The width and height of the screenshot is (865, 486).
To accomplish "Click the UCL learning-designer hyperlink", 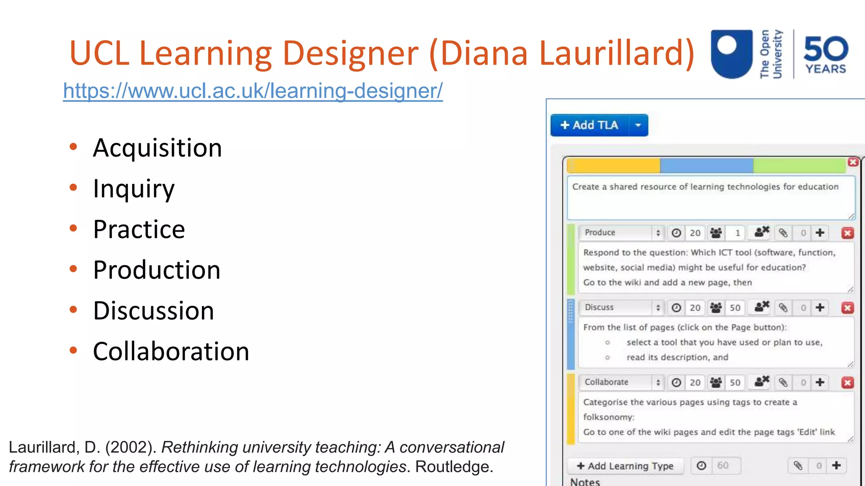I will tap(253, 91).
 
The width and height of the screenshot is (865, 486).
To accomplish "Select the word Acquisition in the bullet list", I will tap(157, 148).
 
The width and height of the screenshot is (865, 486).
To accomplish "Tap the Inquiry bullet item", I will tap(133, 189).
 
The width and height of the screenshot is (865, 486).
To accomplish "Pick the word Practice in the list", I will tap(139, 229).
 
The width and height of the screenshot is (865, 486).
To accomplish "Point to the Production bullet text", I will tap(157, 270).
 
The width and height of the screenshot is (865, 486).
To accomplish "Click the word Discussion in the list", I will tap(153, 311).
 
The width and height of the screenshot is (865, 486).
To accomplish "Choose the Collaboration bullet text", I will tap(171, 351).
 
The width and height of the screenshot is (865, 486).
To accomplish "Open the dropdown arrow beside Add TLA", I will tap(638, 125).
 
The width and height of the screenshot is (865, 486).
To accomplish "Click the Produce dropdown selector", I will tap(621, 232).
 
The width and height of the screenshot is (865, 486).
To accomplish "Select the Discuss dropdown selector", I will tap(621, 308).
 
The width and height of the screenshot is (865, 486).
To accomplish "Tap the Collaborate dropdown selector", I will tap(621, 382).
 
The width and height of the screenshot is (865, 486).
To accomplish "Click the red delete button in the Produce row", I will tap(847, 233).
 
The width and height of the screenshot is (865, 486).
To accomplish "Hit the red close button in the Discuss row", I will tap(847, 308).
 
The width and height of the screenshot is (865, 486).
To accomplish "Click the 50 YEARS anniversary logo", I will tap(825, 55).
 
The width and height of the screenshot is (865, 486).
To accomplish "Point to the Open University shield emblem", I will tap(732, 54).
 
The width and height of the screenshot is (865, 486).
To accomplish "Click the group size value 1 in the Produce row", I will tap(737, 233).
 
